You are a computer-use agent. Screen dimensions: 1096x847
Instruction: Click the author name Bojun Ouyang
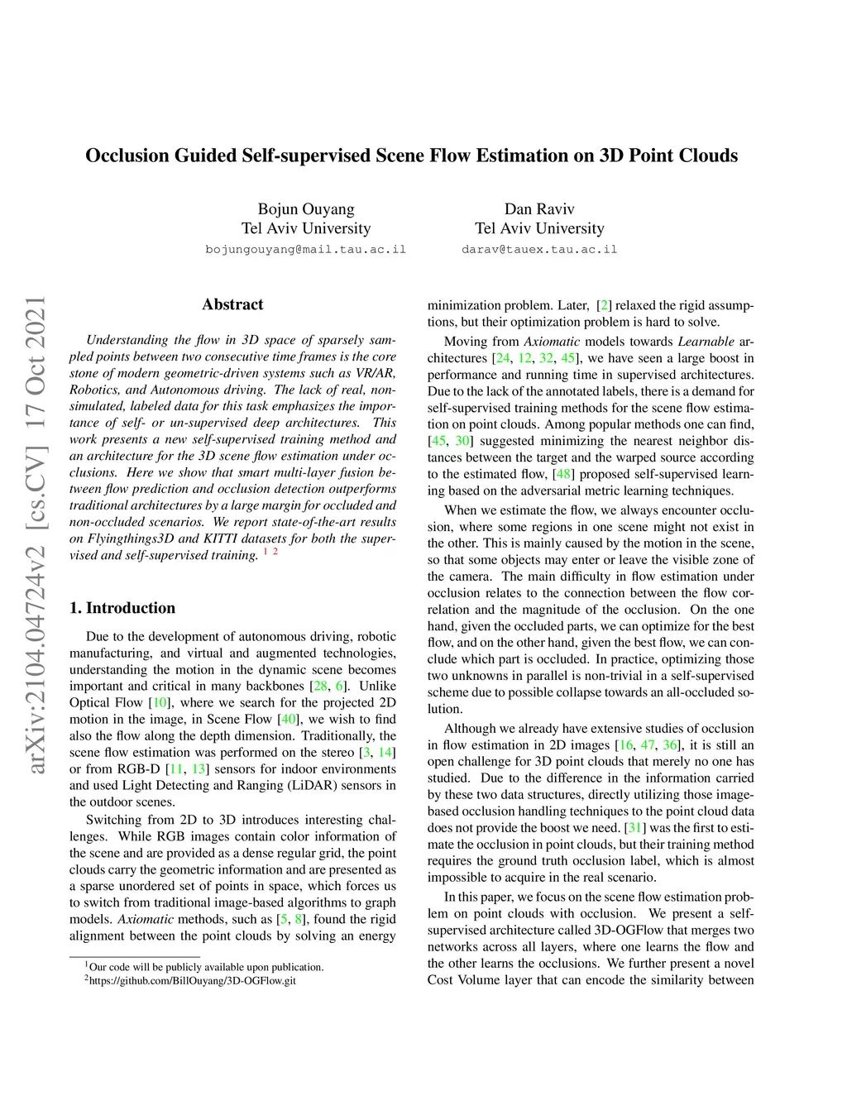click(x=306, y=209)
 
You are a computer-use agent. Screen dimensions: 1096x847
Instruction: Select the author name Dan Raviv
click(x=539, y=209)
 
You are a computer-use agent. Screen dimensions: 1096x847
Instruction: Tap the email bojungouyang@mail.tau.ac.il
click(x=306, y=249)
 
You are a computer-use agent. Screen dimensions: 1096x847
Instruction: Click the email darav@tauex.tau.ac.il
click(x=539, y=249)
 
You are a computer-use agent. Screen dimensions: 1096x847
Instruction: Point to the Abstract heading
click(x=232, y=304)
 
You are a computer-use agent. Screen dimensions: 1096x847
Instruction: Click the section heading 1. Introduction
click(x=122, y=608)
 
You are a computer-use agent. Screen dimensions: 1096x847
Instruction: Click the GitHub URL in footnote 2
click(x=192, y=981)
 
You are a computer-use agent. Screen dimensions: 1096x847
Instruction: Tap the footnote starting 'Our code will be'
click(x=206, y=967)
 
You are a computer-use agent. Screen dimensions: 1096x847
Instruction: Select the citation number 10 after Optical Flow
click(x=160, y=703)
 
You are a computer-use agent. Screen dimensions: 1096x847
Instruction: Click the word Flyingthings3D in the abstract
click(x=131, y=538)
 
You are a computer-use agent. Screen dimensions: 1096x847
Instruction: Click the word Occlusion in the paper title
click(x=127, y=156)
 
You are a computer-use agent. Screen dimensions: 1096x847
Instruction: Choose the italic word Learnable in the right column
click(x=706, y=342)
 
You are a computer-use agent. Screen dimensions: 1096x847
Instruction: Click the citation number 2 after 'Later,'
click(x=605, y=306)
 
